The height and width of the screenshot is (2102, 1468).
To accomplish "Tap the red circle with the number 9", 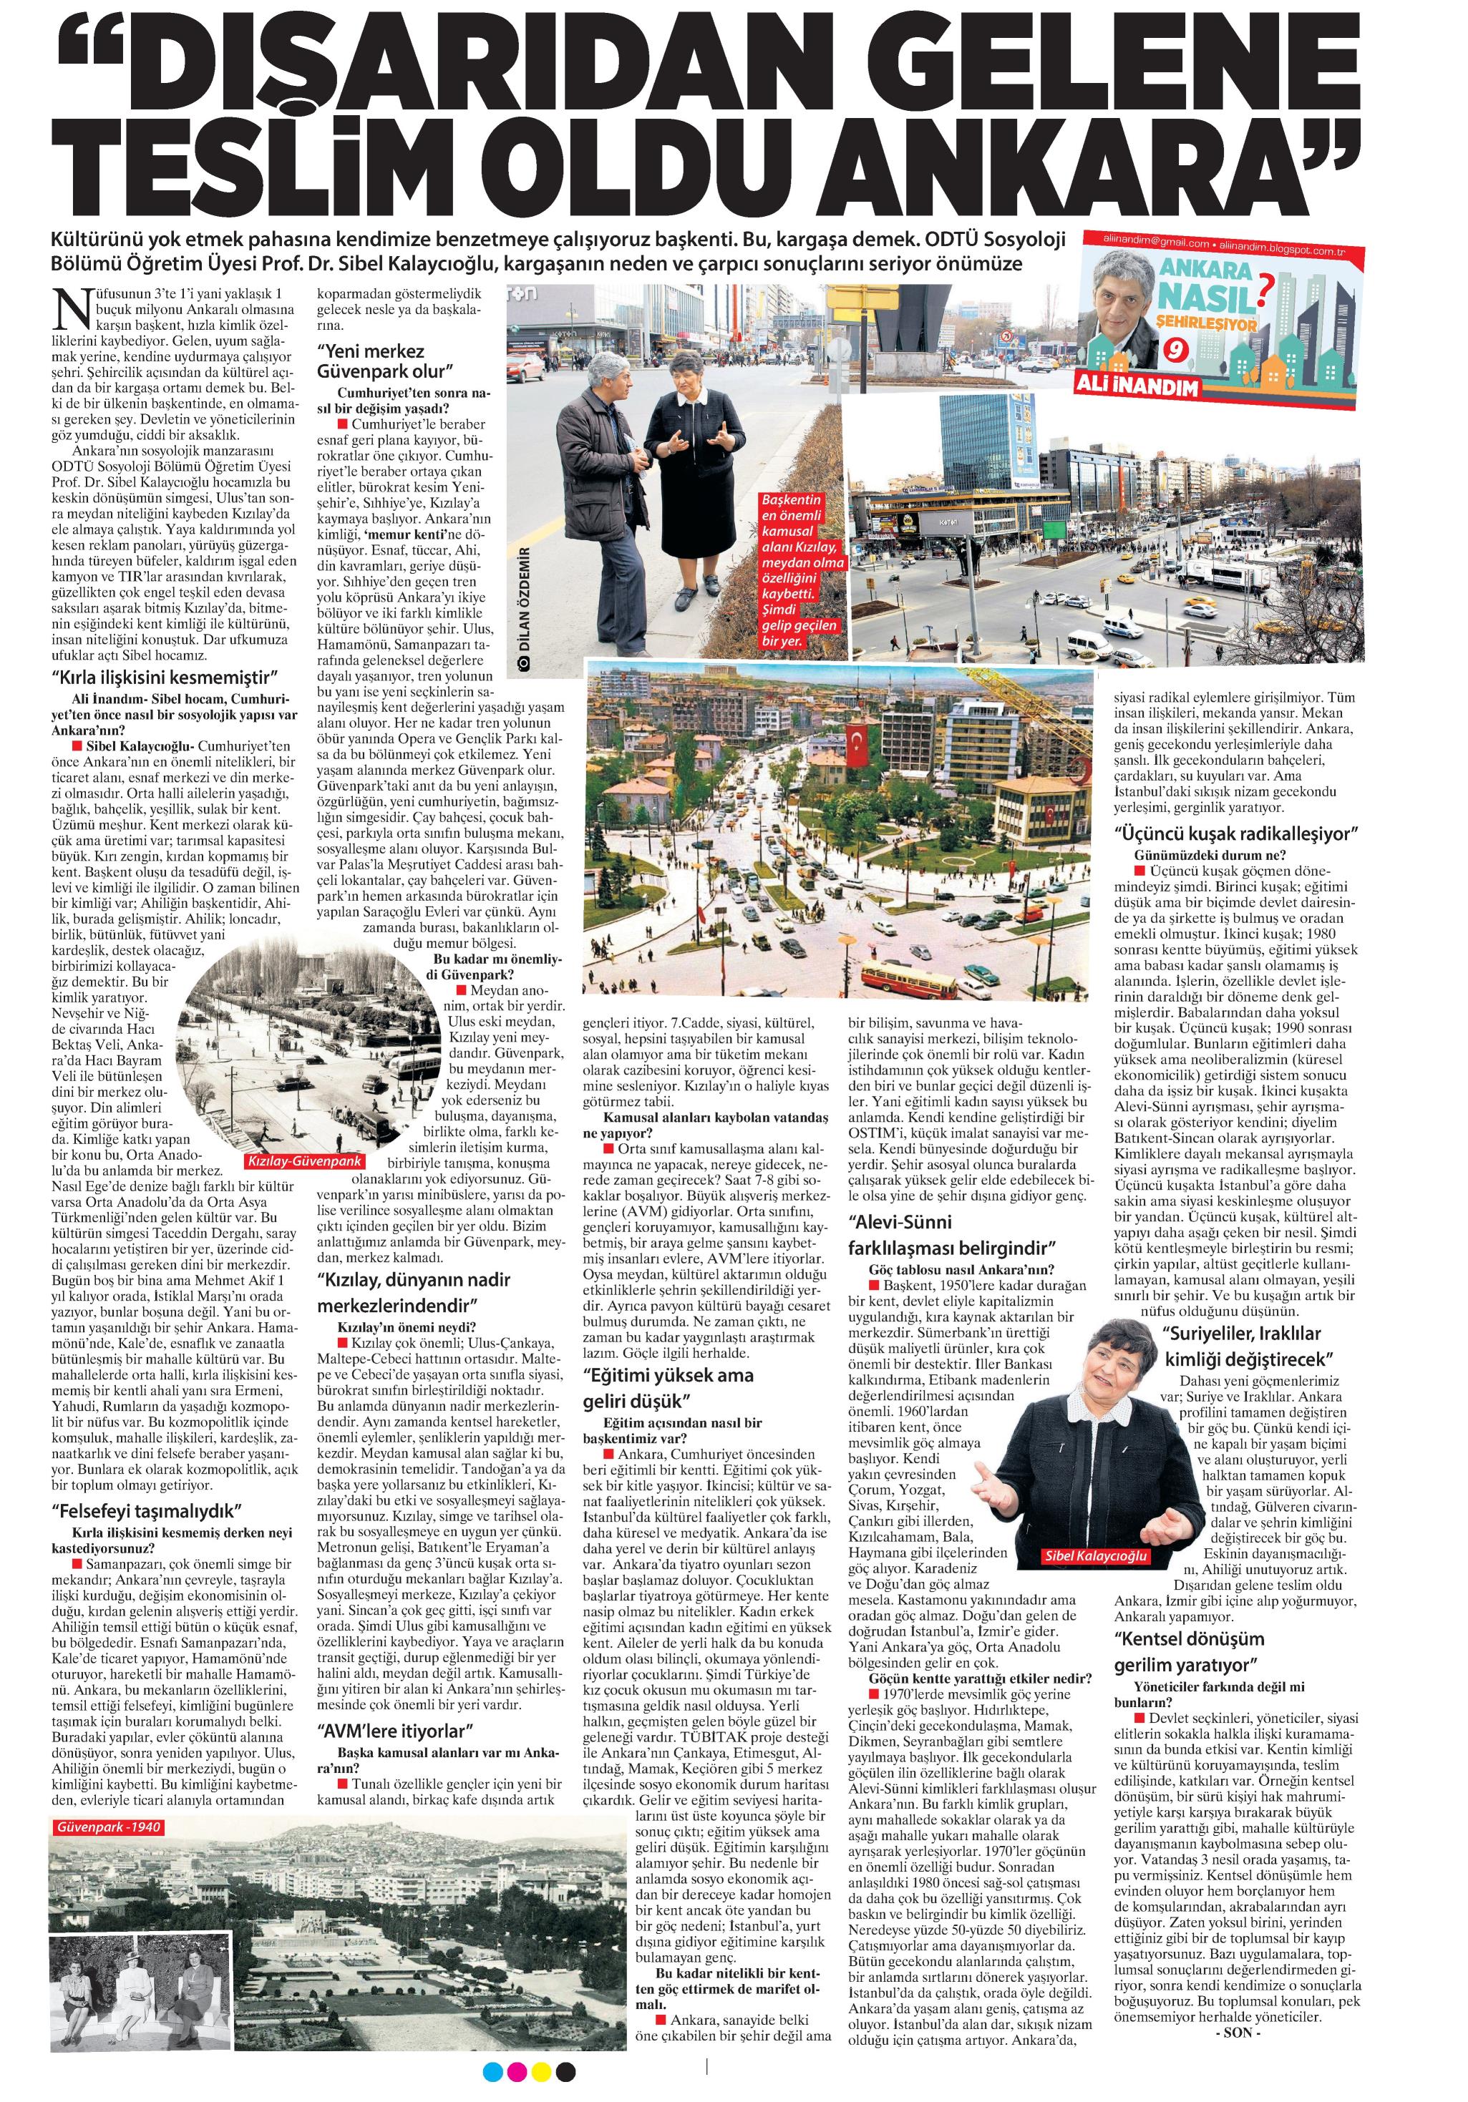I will pyautogui.click(x=1173, y=351).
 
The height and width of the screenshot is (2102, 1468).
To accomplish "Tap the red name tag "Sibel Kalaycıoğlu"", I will pyautogui.click(x=1094, y=1556).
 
